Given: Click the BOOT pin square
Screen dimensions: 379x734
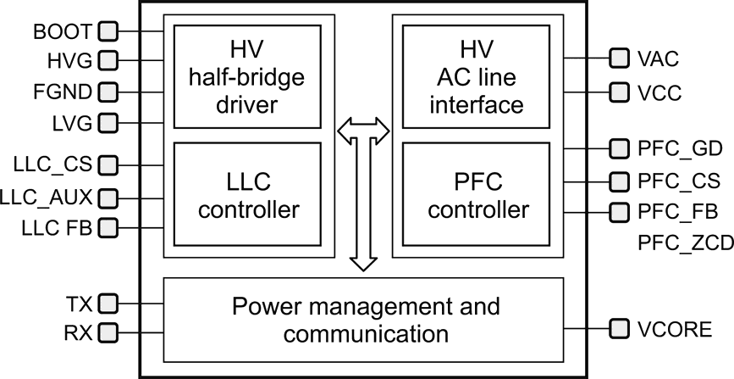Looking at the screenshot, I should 108,32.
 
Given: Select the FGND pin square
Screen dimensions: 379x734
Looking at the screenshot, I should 108,91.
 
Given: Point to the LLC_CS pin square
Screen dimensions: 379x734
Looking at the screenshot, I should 108,164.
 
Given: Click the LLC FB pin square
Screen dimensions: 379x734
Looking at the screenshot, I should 108,227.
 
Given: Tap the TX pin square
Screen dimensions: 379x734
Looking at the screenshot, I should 108,302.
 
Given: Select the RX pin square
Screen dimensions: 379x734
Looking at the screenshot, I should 108,333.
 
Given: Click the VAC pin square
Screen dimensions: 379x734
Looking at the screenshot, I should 619,59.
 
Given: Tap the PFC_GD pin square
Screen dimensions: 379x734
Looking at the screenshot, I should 619,149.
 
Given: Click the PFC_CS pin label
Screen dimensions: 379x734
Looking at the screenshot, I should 678,181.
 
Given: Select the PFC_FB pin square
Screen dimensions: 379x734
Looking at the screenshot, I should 619,211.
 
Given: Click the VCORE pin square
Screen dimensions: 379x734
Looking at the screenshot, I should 619,328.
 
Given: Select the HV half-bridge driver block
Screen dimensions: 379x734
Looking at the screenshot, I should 247,75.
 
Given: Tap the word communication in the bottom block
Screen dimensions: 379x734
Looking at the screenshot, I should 366,333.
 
